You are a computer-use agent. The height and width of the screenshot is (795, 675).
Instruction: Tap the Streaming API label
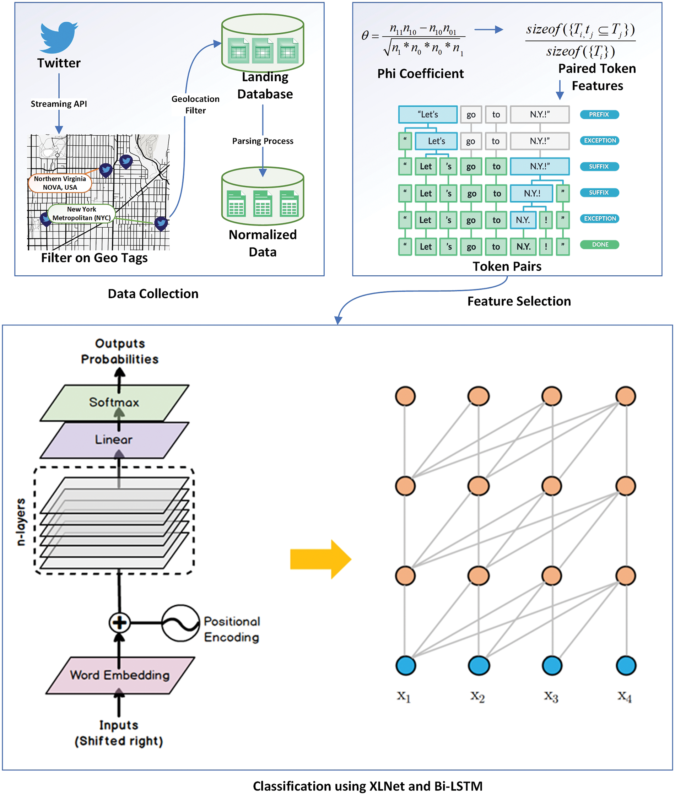pyautogui.click(x=59, y=104)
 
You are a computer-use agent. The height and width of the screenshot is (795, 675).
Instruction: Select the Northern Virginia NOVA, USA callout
pyautogui.click(x=60, y=183)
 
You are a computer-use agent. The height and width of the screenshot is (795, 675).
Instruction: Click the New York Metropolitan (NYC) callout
pyautogui.click(x=81, y=213)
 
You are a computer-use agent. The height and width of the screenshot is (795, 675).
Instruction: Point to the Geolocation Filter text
pyautogui.click(x=195, y=104)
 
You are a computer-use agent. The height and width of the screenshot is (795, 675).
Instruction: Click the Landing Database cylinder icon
pyautogui.click(x=263, y=43)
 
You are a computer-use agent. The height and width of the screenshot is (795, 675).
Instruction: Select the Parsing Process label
pyautogui.click(x=263, y=141)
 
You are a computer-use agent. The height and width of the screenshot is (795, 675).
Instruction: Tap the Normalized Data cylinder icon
pyautogui.click(x=263, y=196)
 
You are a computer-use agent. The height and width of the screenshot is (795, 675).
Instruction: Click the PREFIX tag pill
pyautogui.click(x=599, y=114)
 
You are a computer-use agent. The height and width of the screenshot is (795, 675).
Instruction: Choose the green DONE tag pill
pyautogui.click(x=599, y=244)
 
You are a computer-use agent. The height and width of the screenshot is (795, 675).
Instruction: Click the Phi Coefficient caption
pyautogui.click(x=420, y=74)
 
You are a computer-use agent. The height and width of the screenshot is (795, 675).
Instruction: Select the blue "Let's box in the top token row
pyautogui.click(x=427, y=114)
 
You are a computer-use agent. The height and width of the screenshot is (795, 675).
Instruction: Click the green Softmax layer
pyautogui.click(x=114, y=402)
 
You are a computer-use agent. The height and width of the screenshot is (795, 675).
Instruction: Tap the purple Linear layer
pyautogui.click(x=114, y=439)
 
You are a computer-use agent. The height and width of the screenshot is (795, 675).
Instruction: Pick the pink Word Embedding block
pyautogui.click(x=120, y=675)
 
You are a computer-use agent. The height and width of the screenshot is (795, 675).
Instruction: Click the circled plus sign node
pyautogui.click(x=119, y=622)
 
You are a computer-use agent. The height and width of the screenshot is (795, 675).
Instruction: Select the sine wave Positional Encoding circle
pyautogui.click(x=180, y=623)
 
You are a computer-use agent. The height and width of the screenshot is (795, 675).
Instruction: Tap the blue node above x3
pyautogui.click(x=552, y=665)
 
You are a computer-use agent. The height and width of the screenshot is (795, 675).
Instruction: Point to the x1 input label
pyautogui.click(x=404, y=696)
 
